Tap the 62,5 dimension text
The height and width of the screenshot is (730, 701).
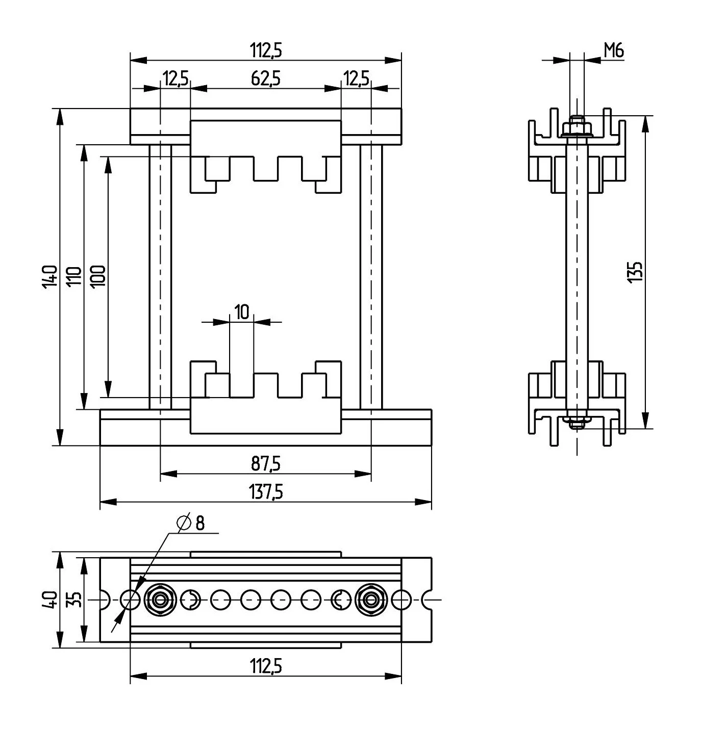coord(266,79)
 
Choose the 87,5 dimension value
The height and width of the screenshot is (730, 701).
coord(266,463)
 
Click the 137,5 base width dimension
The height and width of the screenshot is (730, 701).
coord(266,492)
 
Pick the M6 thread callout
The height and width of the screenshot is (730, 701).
coord(614,50)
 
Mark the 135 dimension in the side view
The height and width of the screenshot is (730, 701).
coord(634,272)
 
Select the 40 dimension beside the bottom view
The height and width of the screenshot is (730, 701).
coord(49,599)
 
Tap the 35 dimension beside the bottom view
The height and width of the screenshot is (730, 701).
coord(75,599)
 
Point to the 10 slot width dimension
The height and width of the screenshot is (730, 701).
coord(242,311)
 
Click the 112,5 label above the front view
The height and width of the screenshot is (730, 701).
coord(266,50)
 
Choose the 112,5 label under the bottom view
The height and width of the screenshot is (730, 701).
coord(266,665)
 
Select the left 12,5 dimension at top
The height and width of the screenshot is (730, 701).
coord(176,79)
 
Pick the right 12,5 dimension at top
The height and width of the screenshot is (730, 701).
coord(356,79)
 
